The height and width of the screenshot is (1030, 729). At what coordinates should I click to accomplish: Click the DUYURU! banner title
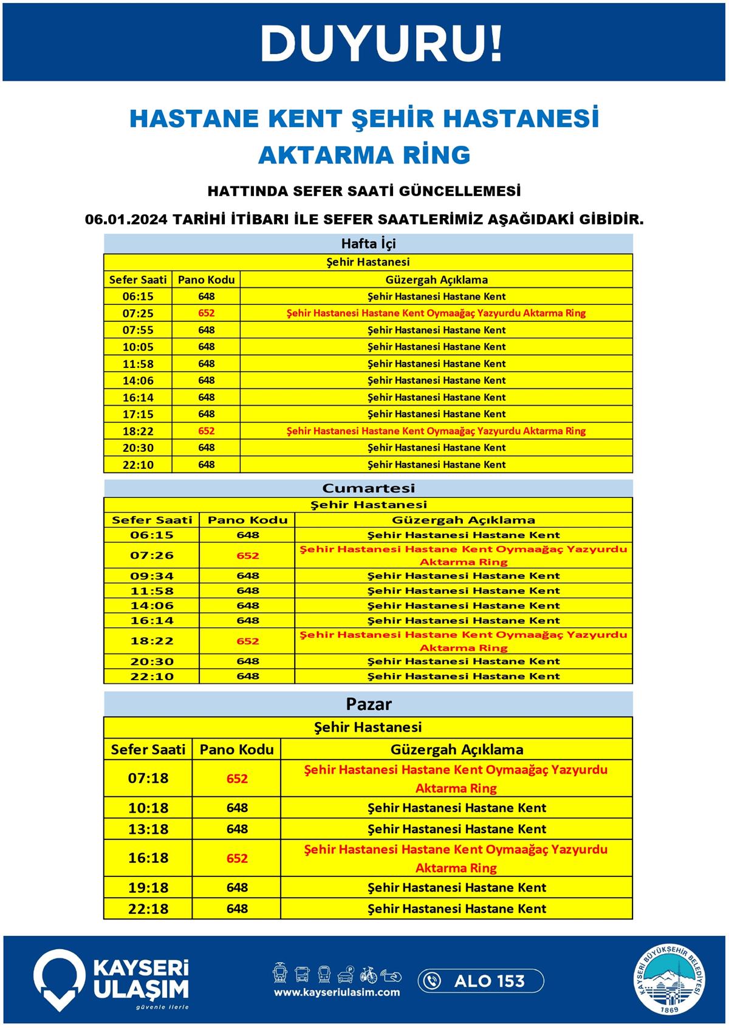[x=381, y=44]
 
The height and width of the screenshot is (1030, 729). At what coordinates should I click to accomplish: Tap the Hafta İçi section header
[x=368, y=244]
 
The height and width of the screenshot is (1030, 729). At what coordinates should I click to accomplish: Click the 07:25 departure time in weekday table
[x=138, y=313]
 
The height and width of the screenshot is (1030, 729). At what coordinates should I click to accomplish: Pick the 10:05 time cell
[x=138, y=347]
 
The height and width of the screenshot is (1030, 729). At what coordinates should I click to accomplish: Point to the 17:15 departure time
[x=138, y=414]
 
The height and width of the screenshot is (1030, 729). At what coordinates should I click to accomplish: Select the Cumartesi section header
[x=368, y=488]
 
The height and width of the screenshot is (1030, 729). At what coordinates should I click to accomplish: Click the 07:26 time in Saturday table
[x=152, y=555]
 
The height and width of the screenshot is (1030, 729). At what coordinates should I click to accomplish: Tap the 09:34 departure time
[x=152, y=576]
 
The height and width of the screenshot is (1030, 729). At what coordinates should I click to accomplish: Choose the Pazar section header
[x=369, y=704]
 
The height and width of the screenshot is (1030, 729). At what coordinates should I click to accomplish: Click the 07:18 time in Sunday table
[x=148, y=778]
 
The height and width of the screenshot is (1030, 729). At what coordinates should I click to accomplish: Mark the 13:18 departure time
[x=148, y=829]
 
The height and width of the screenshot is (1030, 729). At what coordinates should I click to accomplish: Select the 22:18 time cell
[x=148, y=909]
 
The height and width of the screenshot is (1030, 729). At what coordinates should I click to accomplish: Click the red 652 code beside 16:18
[x=237, y=858]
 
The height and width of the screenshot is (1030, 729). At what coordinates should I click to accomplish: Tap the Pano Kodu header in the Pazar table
[x=237, y=749]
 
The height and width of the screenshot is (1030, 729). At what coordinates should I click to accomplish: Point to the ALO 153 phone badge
[x=481, y=981]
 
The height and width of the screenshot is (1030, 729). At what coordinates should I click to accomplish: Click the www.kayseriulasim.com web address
[x=337, y=992]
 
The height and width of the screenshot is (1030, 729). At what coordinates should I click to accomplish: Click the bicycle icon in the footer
[x=368, y=975]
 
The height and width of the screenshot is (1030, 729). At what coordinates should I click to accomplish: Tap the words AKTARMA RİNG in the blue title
[x=364, y=155]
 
